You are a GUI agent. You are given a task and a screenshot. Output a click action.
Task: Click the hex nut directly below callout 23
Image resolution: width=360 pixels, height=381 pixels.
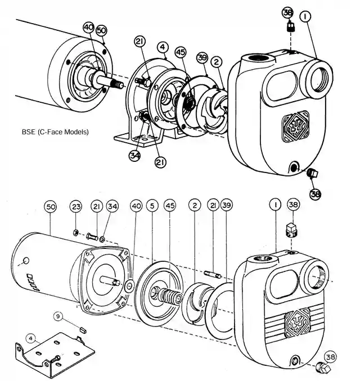(76, 232)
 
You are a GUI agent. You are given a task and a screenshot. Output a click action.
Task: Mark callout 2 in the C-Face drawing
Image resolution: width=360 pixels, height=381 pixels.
(215, 62)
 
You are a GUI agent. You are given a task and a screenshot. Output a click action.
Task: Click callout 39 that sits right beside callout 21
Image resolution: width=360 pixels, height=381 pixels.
(226, 206)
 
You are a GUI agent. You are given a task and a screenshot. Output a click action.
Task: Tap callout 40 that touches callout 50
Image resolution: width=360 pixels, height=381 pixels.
(89, 27)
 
